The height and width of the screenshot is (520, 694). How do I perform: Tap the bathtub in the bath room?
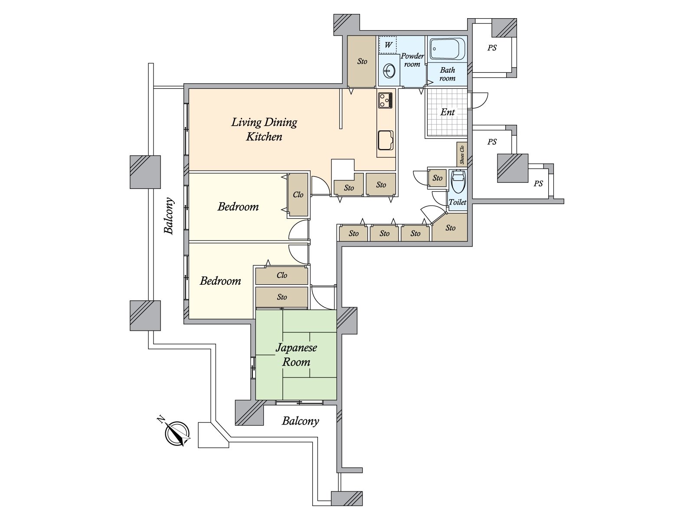pyautogui.click(x=447, y=49)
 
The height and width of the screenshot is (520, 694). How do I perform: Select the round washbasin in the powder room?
pyautogui.click(x=389, y=71)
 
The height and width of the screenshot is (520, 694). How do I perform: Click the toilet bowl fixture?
pyautogui.click(x=458, y=182)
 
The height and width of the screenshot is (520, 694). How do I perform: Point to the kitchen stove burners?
pyautogui.click(x=386, y=100)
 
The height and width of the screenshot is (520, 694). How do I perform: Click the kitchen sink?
pyautogui.click(x=386, y=140)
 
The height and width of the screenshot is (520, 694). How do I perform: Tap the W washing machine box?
pyautogui.click(x=388, y=45)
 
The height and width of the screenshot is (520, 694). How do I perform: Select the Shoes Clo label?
pyautogui.click(x=462, y=154)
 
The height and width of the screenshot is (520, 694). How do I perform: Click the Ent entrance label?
pyautogui.click(x=447, y=112)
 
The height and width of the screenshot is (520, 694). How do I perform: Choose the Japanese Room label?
pyautogui.click(x=296, y=354)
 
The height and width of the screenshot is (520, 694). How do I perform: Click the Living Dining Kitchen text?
pyautogui.click(x=264, y=129)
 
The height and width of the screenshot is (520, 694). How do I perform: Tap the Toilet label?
pyautogui.click(x=458, y=202)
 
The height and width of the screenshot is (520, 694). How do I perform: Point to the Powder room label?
pyautogui.click(x=412, y=60)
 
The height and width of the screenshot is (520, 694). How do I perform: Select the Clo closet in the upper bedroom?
pyautogui.click(x=298, y=195)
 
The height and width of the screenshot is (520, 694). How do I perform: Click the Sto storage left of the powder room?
pyautogui.click(x=362, y=61)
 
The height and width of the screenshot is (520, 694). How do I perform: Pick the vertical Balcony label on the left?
pyautogui.click(x=169, y=216)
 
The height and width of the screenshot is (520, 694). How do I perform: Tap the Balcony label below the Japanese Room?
pyautogui.click(x=300, y=421)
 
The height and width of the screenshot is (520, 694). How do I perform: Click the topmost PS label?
pyautogui.click(x=492, y=48)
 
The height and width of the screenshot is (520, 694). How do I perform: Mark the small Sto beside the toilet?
pyautogui.click(x=437, y=178)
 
